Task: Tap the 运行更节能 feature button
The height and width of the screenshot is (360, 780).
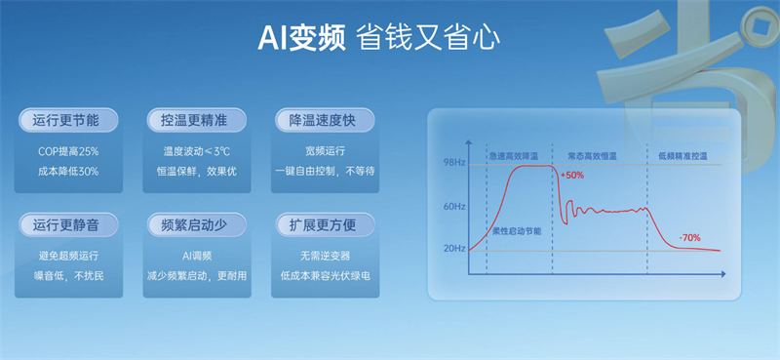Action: click(x=67, y=120)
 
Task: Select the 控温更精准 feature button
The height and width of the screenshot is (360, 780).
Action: click(x=194, y=120)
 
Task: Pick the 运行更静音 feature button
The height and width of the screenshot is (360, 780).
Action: click(x=67, y=225)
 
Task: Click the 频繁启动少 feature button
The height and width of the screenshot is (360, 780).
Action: click(x=194, y=225)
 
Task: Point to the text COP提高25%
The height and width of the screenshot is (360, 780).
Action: click(x=68, y=152)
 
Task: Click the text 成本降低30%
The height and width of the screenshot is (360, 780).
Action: click(x=68, y=171)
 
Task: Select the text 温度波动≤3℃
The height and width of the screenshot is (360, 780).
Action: click(x=195, y=152)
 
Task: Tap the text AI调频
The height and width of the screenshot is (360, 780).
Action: click(x=195, y=257)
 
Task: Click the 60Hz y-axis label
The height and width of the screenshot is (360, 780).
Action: click(x=454, y=207)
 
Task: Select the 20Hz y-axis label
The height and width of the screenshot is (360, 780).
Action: click(x=454, y=249)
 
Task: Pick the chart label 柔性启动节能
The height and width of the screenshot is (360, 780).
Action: click(x=516, y=231)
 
